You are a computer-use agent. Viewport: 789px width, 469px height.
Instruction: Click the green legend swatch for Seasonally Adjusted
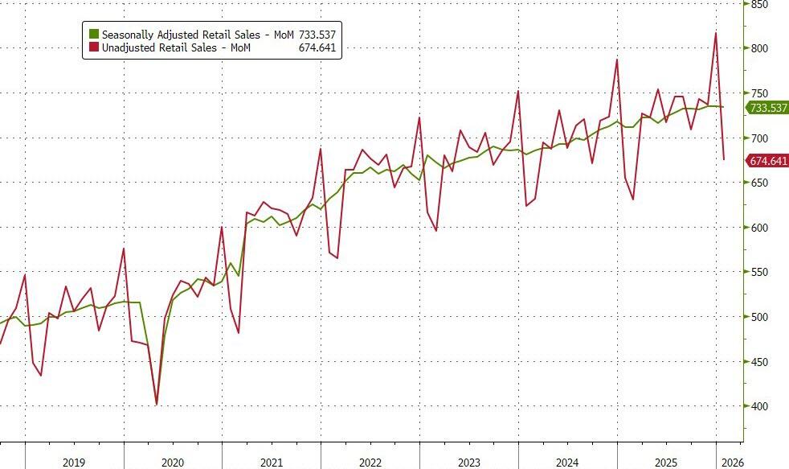click(x=93, y=35)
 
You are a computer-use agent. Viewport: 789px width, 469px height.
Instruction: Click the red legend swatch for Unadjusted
click(x=93, y=48)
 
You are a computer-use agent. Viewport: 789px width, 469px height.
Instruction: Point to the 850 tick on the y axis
click(x=759, y=4)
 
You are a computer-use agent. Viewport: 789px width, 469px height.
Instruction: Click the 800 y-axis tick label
click(x=759, y=48)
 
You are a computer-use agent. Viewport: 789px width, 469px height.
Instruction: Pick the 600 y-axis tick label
click(x=759, y=228)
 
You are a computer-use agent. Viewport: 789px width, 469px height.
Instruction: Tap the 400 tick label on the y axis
click(x=759, y=406)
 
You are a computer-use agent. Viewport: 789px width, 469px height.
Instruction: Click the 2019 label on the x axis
click(x=73, y=463)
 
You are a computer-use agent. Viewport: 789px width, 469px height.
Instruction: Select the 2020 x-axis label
click(x=173, y=463)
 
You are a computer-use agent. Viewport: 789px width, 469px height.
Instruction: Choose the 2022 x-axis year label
click(x=370, y=463)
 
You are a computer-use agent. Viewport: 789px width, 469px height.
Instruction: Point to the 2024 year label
click(x=567, y=463)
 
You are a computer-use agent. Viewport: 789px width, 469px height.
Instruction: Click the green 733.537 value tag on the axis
click(x=767, y=108)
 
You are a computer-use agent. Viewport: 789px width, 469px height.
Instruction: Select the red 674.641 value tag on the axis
click(x=767, y=161)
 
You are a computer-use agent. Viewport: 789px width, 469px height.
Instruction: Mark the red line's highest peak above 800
click(x=716, y=33)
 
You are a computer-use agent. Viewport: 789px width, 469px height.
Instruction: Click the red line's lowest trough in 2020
click(x=156, y=404)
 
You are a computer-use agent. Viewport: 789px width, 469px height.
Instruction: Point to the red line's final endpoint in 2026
click(x=724, y=158)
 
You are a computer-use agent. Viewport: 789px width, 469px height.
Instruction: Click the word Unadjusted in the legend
click(x=129, y=48)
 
